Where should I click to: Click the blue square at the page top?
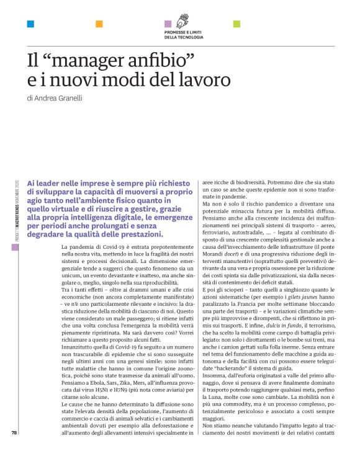[30, 24]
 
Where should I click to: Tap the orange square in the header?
[99, 24]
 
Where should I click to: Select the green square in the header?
[236, 24]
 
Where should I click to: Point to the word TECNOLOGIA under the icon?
[183, 37]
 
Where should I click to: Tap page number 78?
[14, 450]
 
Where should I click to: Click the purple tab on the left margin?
[13, 247]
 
